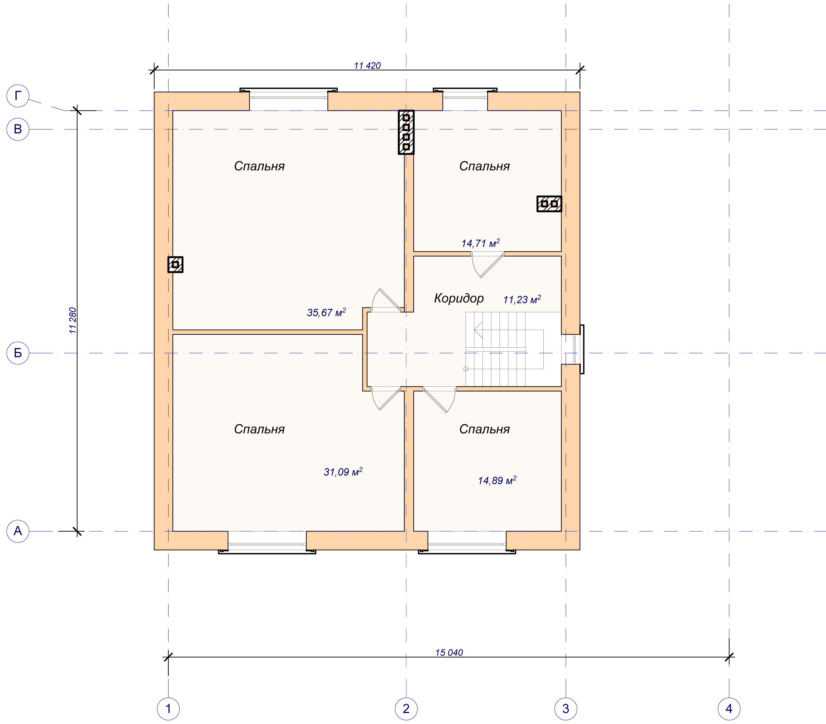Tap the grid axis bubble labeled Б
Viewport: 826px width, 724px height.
click(x=18, y=353)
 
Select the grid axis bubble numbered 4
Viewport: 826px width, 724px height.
click(x=729, y=709)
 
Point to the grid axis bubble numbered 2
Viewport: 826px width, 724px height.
click(x=406, y=709)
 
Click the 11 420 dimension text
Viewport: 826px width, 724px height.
click(x=367, y=65)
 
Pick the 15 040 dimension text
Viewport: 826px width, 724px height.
click(x=449, y=653)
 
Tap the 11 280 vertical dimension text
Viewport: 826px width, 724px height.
click(x=73, y=320)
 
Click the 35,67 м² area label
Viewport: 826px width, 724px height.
click(x=326, y=312)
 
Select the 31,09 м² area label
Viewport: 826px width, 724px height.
click(x=343, y=471)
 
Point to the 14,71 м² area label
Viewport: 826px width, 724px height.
click(x=481, y=243)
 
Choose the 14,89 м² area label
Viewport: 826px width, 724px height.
click(x=497, y=480)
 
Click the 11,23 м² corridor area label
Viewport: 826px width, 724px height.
click(x=522, y=299)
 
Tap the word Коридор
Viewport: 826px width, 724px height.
click(x=459, y=298)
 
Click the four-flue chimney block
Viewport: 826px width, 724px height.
click(x=406, y=132)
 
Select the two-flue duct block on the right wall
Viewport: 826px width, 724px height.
click(x=549, y=204)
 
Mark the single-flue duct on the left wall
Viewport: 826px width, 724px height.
click(x=175, y=265)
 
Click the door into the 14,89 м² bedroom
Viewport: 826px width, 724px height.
click(x=439, y=400)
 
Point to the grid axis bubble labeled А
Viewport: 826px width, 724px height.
click(x=18, y=530)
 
